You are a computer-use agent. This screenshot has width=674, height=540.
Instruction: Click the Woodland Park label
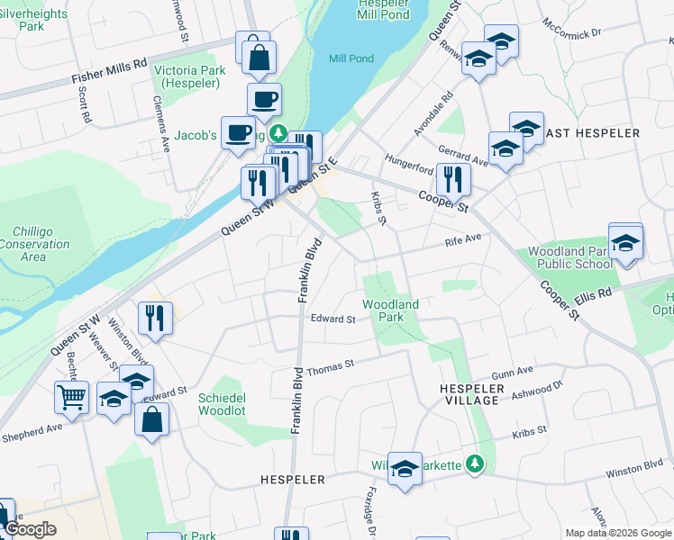pos(391,310)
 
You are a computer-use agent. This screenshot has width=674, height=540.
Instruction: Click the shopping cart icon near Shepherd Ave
pos(71,395)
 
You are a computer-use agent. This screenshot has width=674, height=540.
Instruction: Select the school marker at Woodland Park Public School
pos(625,242)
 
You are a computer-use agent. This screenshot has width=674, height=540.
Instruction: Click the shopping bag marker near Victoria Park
pos(259,56)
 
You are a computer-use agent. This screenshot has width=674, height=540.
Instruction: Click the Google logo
pos(30,529)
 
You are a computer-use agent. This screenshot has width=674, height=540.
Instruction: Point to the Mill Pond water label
pos(351,58)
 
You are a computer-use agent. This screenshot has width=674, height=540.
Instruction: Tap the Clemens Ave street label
pos(165,122)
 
